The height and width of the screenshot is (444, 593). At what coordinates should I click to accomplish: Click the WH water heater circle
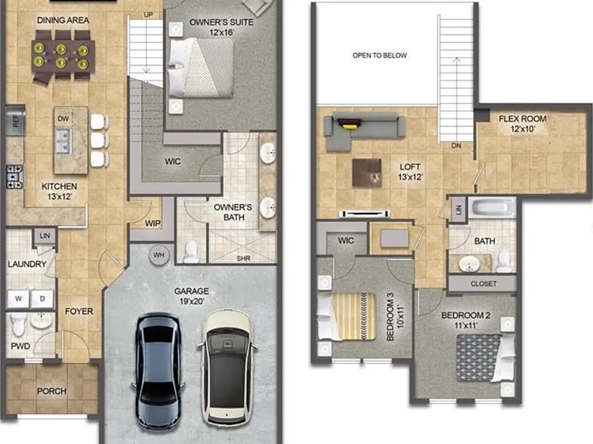click(159, 255)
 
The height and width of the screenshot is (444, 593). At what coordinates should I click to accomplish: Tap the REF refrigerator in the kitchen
click(15, 121)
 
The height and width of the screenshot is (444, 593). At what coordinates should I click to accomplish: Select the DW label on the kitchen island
click(63, 119)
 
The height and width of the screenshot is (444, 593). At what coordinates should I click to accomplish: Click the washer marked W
click(19, 298)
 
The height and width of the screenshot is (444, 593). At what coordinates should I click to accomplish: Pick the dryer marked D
click(42, 298)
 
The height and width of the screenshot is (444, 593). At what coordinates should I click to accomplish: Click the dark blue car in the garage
click(158, 371)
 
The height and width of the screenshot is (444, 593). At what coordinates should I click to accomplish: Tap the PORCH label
click(52, 391)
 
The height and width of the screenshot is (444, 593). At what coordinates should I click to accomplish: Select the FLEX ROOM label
click(522, 119)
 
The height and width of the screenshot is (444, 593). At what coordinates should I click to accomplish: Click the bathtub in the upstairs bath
click(492, 207)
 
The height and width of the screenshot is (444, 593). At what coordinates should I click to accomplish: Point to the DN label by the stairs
click(456, 146)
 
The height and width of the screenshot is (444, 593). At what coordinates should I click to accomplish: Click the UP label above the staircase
click(148, 15)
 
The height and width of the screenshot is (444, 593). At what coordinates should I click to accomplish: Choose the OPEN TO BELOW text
click(380, 55)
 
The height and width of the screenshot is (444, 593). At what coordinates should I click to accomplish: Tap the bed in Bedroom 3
click(347, 316)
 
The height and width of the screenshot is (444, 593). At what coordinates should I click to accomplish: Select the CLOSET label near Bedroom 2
click(483, 284)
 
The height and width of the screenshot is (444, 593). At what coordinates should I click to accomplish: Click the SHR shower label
click(243, 259)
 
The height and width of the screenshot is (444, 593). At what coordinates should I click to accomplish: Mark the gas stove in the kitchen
click(15, 177)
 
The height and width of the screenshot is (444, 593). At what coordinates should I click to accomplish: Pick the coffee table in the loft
click(367, 173)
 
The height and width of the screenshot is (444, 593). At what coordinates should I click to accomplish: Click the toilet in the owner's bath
click(190, 251)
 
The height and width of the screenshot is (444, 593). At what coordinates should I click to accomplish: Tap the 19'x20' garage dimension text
click(191, 301)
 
